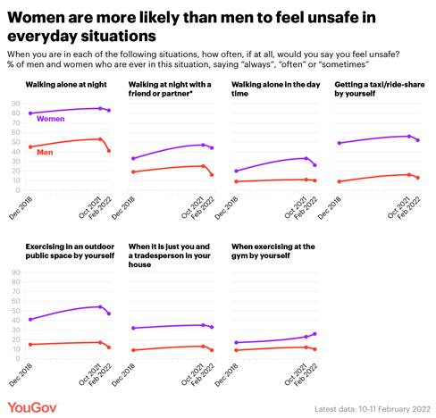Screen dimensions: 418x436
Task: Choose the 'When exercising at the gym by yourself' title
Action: pyautogui.click(x=274, y=250)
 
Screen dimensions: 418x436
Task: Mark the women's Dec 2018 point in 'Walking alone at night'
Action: pyautogui.click(x=30, y=113)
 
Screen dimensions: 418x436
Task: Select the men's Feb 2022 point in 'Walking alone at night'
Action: pyautogui.click(x=109, y=151)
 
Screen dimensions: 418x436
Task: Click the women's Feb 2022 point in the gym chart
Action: pyautogui.click(x=314, y=333)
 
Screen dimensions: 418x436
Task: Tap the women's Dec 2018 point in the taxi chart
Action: pyautogui.click(x=338, y=143)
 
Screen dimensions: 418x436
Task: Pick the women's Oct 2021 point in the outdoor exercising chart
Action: pyautogui.click(x=99, y=306)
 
